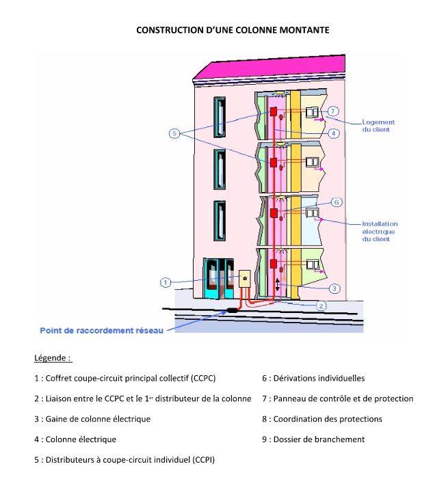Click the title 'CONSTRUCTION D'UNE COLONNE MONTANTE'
(233, 30)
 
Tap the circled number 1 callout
(166, 282)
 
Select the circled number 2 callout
(322, 305)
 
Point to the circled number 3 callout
(334, 288)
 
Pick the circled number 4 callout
(333, 134)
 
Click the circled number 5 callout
(174, 135)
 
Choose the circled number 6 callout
(336, 202)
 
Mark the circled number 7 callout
(333, 111)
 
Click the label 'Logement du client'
(378, 126)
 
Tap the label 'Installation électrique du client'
(380, 231)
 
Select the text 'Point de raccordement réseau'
(101, 331)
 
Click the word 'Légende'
(53, 357)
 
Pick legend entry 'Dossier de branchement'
(313, 439)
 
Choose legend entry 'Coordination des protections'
(322, 419)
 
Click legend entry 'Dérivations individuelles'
(313, 378)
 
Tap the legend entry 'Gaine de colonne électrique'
(92, 419)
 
